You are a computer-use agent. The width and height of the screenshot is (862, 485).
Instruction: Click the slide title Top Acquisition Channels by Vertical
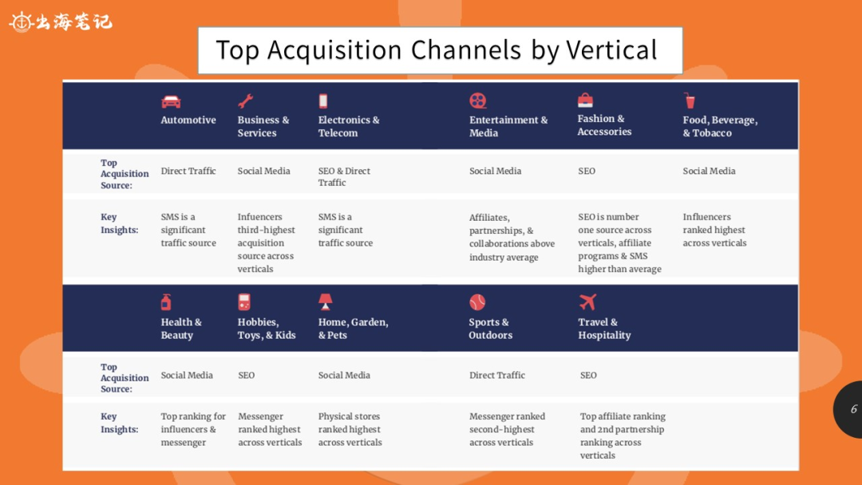437,50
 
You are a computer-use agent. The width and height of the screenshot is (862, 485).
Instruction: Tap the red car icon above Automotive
171,101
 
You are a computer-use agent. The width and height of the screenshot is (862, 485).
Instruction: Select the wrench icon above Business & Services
245,101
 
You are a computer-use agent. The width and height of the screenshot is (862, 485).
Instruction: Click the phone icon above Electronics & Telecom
323,101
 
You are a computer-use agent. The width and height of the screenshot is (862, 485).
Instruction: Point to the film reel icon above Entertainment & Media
478,101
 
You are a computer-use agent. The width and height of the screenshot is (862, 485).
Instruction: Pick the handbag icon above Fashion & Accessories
586,100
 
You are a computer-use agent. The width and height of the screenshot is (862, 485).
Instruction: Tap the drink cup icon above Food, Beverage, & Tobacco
690,101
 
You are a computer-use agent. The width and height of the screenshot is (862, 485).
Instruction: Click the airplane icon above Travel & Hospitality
587,302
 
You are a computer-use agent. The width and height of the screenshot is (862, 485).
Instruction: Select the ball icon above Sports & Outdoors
477,302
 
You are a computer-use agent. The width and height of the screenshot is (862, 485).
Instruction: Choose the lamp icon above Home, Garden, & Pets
326,302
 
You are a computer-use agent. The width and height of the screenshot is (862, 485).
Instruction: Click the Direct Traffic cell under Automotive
188,171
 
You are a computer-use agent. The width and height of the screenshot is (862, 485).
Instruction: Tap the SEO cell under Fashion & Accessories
587,171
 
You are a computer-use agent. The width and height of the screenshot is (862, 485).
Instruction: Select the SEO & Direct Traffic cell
344,176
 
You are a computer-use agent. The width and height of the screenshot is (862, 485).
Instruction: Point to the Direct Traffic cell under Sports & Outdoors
497,375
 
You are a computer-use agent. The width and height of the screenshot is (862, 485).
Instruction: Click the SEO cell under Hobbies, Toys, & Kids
247,375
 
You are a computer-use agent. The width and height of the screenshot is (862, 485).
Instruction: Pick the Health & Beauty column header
181,329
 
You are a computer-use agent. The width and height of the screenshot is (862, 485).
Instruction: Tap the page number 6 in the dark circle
854,408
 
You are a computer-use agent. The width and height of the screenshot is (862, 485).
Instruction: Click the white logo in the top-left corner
61,22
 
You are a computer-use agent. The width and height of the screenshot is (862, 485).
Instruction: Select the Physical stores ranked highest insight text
350,429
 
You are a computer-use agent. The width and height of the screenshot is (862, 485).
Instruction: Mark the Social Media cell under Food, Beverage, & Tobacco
710,171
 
